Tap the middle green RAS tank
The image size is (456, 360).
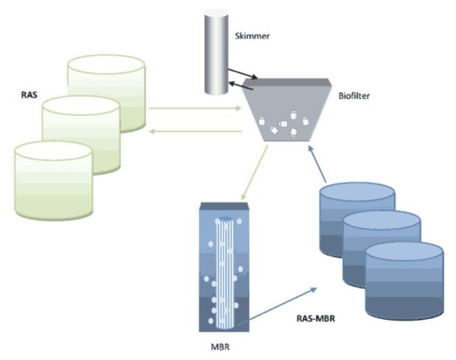(x=81, y=132)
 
